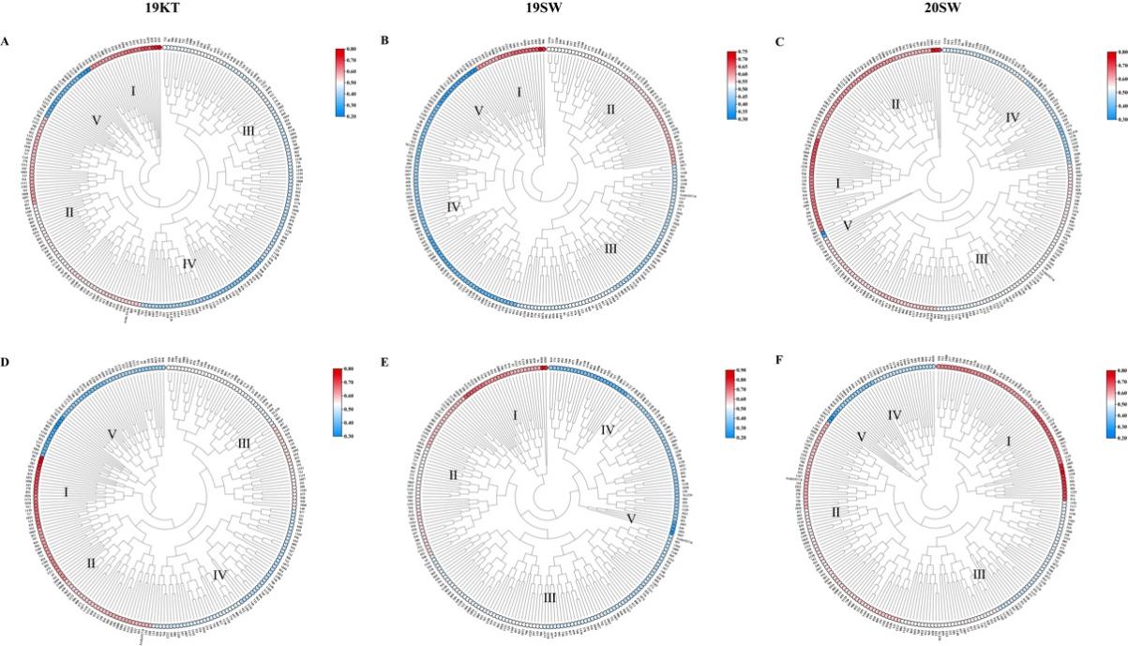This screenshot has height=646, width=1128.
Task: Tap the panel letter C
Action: (780, 42)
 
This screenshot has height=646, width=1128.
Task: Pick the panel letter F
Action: (780, 355)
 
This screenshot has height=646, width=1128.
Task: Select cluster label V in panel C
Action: (848, 225)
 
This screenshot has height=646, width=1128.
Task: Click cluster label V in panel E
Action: (630, 518)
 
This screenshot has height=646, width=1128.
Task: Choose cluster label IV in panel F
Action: (895, 413)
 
